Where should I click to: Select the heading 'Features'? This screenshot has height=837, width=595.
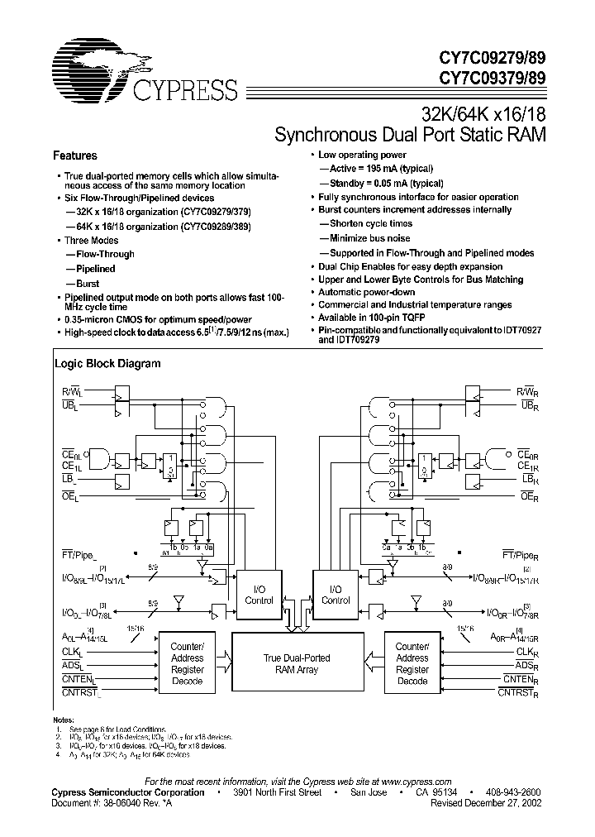click(75, 155)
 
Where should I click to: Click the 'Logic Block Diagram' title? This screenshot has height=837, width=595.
click(107, 363)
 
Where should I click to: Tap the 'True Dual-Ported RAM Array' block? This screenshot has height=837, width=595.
click(296, 664)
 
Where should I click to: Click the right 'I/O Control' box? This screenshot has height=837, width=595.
click(335, 595)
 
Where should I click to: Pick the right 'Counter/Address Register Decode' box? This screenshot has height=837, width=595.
click(412, 664)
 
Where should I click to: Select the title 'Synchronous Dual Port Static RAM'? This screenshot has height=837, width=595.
click(410, 134)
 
